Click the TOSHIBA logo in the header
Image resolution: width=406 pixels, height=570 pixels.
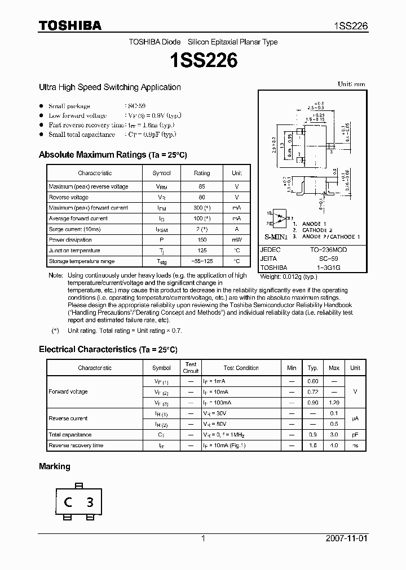pyautogui.click(x=70, y=26)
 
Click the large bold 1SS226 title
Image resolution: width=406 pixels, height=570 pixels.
pyautogui.click(x=203, y=60)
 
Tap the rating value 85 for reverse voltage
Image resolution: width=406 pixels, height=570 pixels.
pyautogui.click(x=202, y=186)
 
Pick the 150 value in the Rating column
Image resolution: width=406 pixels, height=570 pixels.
pyautogui.click(x=202, y=240)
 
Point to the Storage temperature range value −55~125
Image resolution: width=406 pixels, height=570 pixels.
pyautogui.click(x=202, y=261)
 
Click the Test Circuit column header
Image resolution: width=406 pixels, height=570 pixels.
pyautogui.click(x=191, y=368)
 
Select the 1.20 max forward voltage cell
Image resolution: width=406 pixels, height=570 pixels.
pyautogui.click(x=334, y=403)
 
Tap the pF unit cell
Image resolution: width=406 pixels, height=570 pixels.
pyautogui.click(x=355, y=435)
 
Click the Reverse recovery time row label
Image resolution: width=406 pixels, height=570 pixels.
pyautogui.click(x=76, y=446)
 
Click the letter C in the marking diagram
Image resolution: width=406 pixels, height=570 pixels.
pyautogui.click(x=67, y=502)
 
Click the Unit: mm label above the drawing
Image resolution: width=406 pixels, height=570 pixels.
pyautogui.click(x=351, y=84)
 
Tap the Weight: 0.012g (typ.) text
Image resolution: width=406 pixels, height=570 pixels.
pyautogui.click(x=288, y=277)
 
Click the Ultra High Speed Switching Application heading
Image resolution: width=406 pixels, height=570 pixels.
pyautogui.click(x=109, y=87)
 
